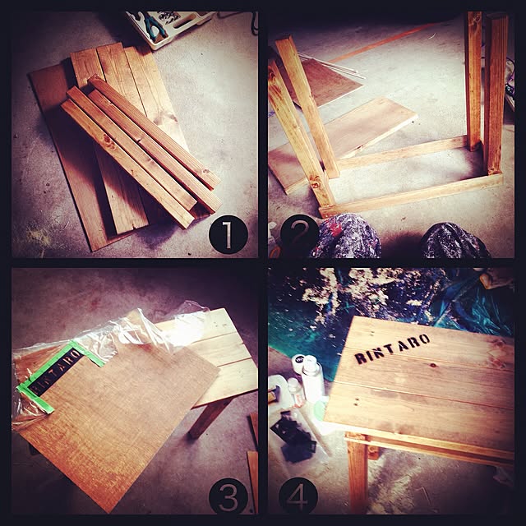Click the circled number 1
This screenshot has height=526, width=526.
[x=228, y=234]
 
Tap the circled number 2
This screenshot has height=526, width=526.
[x=299, y=234]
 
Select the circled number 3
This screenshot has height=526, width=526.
[x=228, y=497]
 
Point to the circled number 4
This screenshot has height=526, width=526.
[x=298, y=497]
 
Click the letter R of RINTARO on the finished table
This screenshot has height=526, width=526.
[x=361, y=358]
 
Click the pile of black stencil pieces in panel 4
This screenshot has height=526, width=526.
[x=294, y=436]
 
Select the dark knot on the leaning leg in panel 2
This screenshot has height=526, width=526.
[x=316, y=183]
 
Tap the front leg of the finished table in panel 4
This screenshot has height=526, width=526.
[x=358, y=477]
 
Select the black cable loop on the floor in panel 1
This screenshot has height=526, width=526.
[x=254, y=24]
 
